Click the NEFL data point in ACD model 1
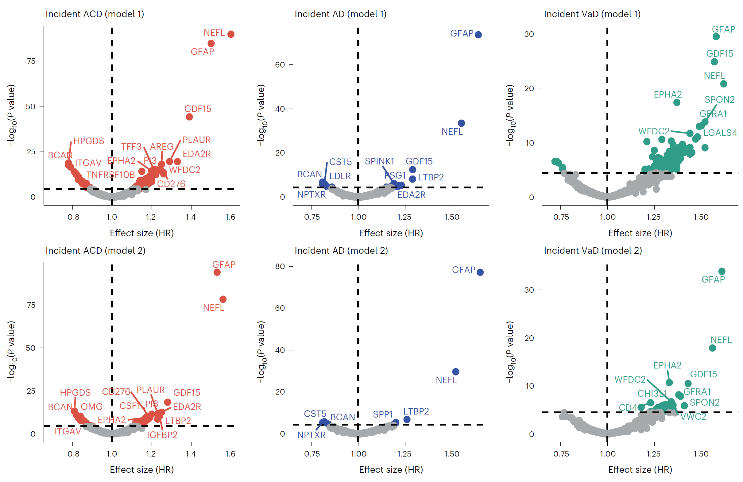tap(231, 34)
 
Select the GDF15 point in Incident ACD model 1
tap(189, 117)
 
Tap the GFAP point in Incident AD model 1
tap(478, 35)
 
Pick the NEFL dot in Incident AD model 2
tap(455, 372)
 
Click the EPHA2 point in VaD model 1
tap(676, 102)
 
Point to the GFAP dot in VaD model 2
tap(722, 271)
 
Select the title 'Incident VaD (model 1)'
tap(592, 14)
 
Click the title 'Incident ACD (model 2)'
tap(95, 250)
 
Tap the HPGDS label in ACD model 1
tap(89, 141)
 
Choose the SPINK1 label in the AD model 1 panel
tap(379, 161)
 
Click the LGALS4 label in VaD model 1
tap(720, 133)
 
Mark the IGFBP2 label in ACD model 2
tap(162, 434)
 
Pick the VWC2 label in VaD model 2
tap(693, 416)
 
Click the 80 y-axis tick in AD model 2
tap(280, 266)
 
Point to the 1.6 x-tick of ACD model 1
tap(230, 217)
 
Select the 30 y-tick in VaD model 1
tap(529, 34)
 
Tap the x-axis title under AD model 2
tap(391, 469)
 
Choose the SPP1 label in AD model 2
tap(382, 414)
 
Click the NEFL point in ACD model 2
tap(223, 299)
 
